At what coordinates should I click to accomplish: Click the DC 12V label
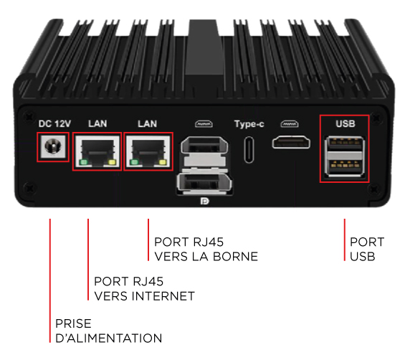(x=54, y=124)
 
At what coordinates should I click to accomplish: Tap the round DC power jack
(x=53, y=146)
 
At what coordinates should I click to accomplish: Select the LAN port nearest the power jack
(x=97, y=152)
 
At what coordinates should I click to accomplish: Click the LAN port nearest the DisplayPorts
(x=148, y=152)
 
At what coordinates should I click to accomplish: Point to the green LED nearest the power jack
(x=84, y=162)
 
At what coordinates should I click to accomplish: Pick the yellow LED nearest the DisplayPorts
(x=163, y=162)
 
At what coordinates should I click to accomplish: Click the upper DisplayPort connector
(x=204, y=146)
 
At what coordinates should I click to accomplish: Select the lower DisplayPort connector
(x=204, y=183)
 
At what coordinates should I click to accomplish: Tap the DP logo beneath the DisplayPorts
(x=205, y=201)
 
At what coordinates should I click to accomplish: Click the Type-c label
(x=249, y=124)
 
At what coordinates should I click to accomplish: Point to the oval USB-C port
(x=249, y=150)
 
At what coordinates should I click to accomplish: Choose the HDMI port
(x=291, y=143)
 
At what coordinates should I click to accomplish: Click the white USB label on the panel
(x=346, y=124)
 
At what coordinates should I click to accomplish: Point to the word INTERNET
(x=163, y=296)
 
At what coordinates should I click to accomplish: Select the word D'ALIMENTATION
(x=109, y=338)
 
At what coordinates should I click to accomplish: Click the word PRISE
(x=73, y=323)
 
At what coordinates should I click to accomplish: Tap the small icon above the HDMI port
(x=290, y=124)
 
